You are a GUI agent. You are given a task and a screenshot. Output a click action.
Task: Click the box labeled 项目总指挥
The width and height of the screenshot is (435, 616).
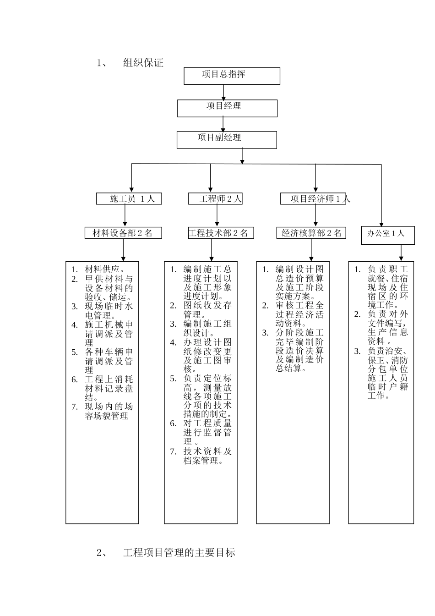[x=232, y=76]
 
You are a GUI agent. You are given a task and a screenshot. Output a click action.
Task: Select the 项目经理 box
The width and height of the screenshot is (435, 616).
[x=227, y=108]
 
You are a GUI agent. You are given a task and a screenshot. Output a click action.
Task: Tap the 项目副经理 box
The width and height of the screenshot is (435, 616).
[x=227, y=140]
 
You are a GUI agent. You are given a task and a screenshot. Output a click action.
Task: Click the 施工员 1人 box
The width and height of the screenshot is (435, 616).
[x=129, y=198]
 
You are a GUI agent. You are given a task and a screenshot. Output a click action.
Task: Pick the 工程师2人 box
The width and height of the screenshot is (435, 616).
[x=215, y=198]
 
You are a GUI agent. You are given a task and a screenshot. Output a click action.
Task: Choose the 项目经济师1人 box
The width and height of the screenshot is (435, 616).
[x=313, y=198]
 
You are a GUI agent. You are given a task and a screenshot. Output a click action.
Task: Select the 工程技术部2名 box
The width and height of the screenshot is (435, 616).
[x=220, y=233]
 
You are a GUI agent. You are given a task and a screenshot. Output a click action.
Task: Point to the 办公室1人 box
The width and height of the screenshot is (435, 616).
[x=388, y=235]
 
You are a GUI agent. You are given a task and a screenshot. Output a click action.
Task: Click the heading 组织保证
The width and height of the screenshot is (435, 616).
[x=143, y=63]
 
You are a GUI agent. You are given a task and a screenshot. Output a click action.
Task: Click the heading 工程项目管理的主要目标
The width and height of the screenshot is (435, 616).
[x=179, y=553]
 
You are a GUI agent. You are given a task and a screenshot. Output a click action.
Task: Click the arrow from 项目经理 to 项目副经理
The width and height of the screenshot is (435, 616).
[x=223, y=124]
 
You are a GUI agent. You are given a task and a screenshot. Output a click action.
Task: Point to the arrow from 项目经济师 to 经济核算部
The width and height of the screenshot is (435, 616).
[x=316, y=215]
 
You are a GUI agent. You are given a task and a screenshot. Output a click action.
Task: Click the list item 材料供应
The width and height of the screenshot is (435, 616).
[x=105, y=269]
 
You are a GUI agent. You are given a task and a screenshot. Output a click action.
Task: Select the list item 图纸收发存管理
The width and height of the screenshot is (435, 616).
[x=207, y=310]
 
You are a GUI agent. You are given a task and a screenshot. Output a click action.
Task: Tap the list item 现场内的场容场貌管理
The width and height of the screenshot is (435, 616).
[x=109, y=411]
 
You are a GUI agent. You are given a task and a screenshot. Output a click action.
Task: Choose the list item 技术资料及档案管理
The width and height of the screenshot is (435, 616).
[x=207, y=456]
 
